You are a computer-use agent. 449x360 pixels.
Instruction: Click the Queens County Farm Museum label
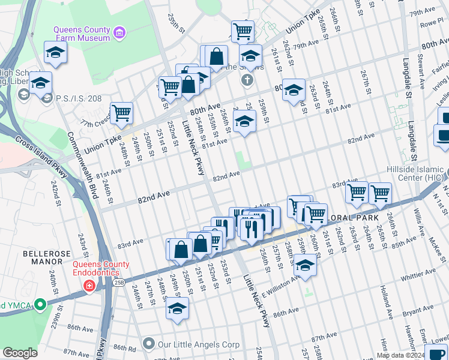click(x=82, y=33)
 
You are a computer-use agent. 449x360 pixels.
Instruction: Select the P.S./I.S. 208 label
click(x=79, y=98)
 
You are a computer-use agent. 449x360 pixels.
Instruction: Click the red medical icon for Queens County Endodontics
click(x=89, y=286)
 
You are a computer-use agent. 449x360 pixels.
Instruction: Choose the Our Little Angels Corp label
click(x=198, y=344)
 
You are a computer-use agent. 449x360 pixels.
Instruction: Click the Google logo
click(x=20, y=353)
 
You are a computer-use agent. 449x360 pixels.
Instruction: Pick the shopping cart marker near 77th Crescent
click(x=122, y=112)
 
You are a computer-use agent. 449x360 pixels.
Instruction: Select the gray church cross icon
click(x=246, y=80)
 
